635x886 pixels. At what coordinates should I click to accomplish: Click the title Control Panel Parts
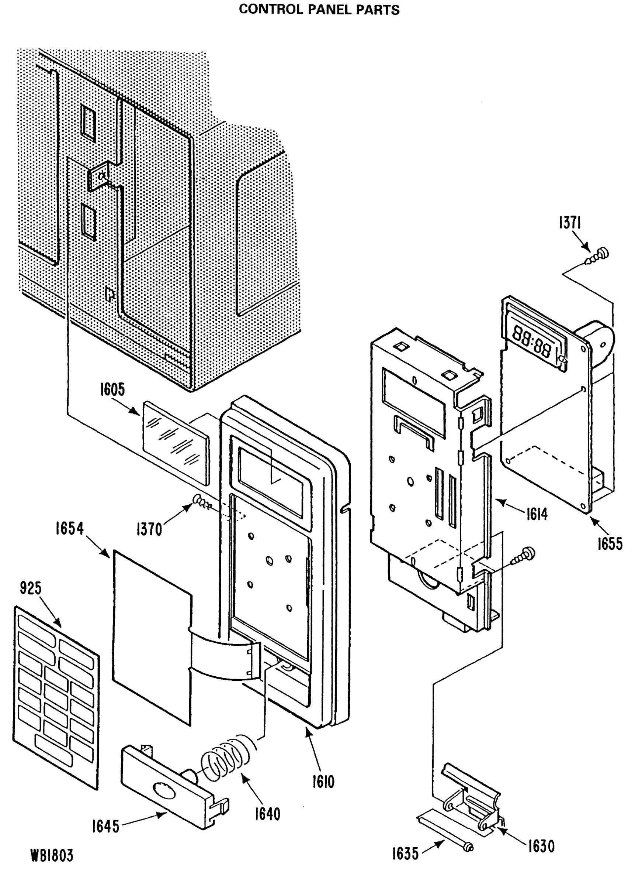pos(319,10)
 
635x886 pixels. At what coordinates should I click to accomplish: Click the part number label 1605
pos(112,389)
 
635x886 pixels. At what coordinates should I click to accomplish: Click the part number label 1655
pos(610,544)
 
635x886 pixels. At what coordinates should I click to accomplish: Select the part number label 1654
pos(69,529)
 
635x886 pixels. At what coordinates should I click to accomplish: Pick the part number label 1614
pos(537,515)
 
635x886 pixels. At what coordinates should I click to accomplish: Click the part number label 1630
pos(541,846)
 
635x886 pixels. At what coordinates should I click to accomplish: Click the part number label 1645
pos(105,827)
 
